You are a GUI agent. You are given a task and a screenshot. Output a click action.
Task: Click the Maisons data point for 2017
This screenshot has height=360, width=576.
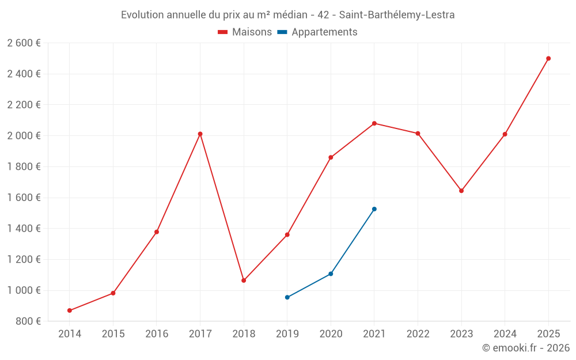(200, 134)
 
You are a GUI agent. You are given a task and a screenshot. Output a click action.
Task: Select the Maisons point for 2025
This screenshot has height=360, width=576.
(548, 58)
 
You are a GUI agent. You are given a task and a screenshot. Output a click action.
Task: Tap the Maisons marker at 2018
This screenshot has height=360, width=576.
(244, 281)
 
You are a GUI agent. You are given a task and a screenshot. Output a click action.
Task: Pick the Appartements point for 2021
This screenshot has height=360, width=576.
(374, 209)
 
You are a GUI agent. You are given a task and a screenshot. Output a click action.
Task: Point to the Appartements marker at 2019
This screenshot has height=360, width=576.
(287, 297)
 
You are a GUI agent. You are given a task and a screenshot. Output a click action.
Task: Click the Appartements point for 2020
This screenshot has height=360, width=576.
(331, 274)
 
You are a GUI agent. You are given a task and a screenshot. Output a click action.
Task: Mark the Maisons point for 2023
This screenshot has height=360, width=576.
(461, 191)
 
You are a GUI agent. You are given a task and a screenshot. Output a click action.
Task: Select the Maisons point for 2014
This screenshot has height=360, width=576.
(70, 310)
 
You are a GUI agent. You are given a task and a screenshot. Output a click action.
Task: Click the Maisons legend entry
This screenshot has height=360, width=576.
(245, 32)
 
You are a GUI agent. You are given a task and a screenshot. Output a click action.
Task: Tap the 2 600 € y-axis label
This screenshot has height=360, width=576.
(24, 43)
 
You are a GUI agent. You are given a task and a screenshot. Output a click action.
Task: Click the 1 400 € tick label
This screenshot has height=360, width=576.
(24, 229)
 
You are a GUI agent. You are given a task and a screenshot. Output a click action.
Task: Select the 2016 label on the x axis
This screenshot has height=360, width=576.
(157, 334)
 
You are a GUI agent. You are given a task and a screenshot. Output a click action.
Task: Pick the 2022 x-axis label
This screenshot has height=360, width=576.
(418, 334)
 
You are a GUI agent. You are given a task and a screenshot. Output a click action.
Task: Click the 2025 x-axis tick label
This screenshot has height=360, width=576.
(548, 334)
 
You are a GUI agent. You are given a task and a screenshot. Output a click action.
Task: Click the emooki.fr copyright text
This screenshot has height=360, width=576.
(526, 348)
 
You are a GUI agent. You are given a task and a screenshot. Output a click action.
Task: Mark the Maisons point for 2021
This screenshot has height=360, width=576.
(374, 123)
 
